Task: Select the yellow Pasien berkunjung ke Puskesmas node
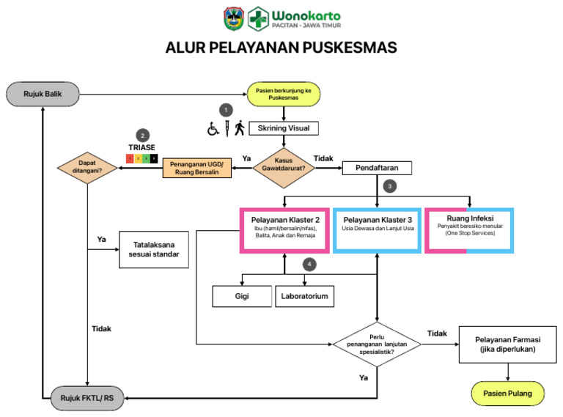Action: coord(284,94)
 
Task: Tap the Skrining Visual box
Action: coord(282,128)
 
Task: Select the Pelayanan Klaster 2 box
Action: coord(284,229)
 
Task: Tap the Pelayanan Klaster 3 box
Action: coord(377,229)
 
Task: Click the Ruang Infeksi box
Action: coord(469,229)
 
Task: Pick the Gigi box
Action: coord(241,296)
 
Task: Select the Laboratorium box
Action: coord(304,296)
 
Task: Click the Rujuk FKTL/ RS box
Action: coord(87,399)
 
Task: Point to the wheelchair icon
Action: coord(213,129)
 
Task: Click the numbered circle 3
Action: coord(392,186)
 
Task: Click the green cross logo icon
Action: coord(258,18)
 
